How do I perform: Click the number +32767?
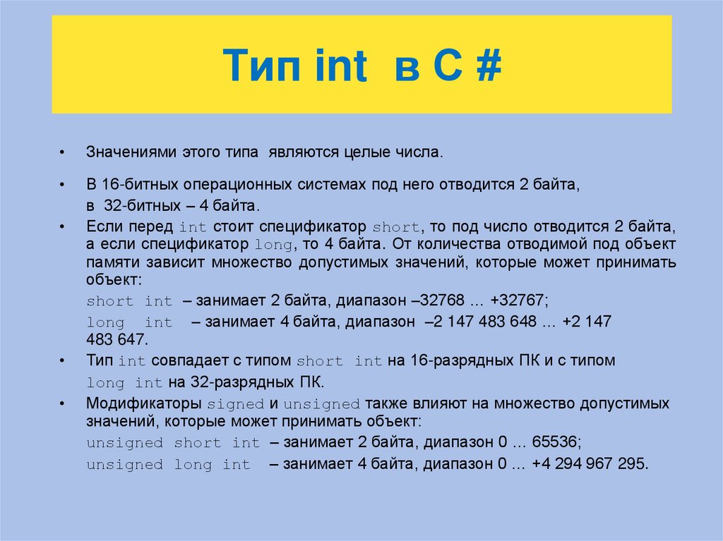(x=520, y=300)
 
